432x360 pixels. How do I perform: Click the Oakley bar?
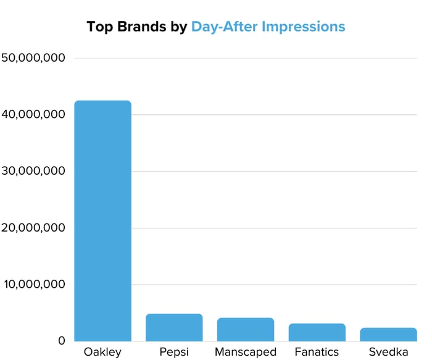[x=102, y=220]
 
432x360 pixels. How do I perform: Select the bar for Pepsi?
[x=174, y=327]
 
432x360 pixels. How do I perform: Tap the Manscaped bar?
[x=246, y=329]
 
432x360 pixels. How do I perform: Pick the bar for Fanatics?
[x=317, y=332]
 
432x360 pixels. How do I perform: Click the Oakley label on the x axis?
[x=102, y=353]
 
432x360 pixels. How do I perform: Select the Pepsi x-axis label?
[x=174, y=353]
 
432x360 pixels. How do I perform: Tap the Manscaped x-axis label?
[x=246, y=353]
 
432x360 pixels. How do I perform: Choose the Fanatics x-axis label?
[x=317, y=353]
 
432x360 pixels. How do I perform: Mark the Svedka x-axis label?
[x=388, y=353]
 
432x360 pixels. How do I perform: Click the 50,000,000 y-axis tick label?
[x=35, y=58]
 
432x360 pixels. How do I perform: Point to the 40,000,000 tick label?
[x=35, y=115]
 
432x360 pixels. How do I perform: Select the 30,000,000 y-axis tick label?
[x=35, y=171]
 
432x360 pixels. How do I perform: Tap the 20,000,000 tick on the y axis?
[x=35, y=228]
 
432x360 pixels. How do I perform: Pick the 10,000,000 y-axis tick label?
[x=35, y=285]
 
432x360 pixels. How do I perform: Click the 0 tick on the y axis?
[x=62, y=341]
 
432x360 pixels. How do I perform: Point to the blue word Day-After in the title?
[x=225, y=27]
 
